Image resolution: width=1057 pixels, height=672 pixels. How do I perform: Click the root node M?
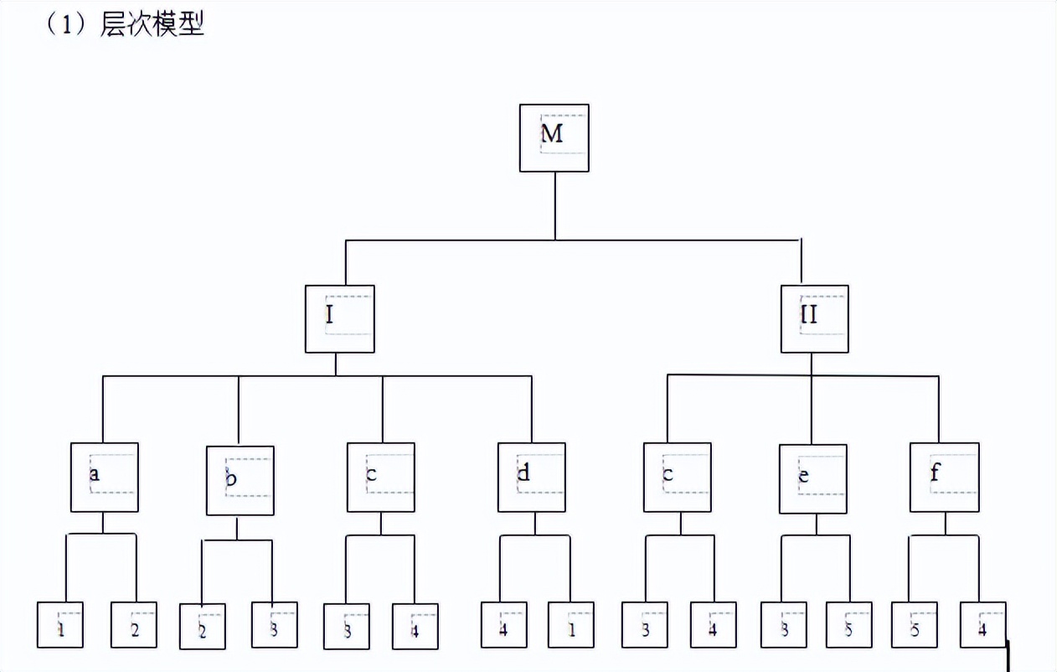pyautogui.click(x=554, y=138)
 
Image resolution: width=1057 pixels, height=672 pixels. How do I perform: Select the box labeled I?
pyautogui.click(x=339, y=318)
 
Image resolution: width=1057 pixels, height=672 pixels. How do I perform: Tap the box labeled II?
pyautogui.click(x=814, y=318)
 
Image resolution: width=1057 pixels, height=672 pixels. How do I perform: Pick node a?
pyautogui.click(x=104, y=477)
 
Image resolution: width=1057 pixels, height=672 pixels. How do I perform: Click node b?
pyautogui.click(x=240, y=480)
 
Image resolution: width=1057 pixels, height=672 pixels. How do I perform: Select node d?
pyautogui.click(x=531, y=477)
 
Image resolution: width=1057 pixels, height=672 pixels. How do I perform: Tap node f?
pyautogui.click(x=944, y=477)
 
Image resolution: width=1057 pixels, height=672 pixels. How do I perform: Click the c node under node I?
pyautogui.click(x=380, y=477)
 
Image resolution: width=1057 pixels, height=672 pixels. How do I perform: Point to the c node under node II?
pyautogui.click(x=677, y=477)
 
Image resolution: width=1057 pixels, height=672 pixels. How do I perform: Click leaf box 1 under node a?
pyautogui.click(x=60, y=624)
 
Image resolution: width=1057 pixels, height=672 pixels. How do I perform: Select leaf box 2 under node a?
pyautogui.click(x=134, y=624)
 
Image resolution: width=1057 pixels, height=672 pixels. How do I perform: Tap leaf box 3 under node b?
pyautogui.click(x=274, y=624)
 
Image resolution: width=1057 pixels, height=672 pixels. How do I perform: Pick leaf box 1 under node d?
pyautogui.click(x=571, y=624)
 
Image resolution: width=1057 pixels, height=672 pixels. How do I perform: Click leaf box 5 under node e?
pyautogui.click(x=848, y=624)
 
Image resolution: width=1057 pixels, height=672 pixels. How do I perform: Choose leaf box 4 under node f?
pyautogui.click(x=982, y=624)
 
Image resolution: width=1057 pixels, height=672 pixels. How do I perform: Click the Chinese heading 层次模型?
pyautogui.click(x=152, y=24)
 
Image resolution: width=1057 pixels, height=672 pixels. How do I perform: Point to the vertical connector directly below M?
pyautogui.click(x=554, y=206)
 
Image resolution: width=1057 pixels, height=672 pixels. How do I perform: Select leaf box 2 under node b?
pyautogui.click(x=203, y=624)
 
